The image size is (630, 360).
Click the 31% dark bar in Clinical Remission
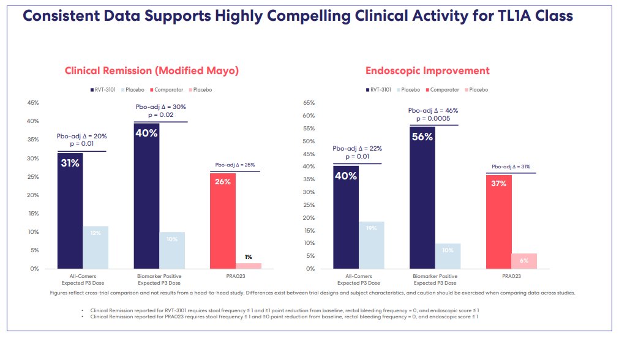[x=70, y=211]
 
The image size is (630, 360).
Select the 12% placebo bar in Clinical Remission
[x=96, y=247]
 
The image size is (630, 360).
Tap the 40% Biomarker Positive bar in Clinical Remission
[x=147, y=196]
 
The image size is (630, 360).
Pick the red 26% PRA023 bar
[x=222, y=221]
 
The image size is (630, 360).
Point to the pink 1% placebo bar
[x=248, y=266]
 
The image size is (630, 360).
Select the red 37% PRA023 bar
[x=498, y=222]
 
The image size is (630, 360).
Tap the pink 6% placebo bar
[x=524, y=261]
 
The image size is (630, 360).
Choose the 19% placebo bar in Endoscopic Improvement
[x=372, y=245]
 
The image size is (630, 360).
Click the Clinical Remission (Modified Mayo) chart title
[x=152, y=70]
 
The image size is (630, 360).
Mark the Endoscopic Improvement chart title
[x=427, y=70]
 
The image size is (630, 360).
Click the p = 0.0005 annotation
[x=433, y=118]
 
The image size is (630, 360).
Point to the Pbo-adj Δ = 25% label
[x=235, y=165]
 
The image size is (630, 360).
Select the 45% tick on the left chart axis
[x=33, y=103]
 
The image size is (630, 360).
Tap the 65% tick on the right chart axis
[x=309, y=103]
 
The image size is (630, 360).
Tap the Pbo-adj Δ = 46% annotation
[x=433, y=110]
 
